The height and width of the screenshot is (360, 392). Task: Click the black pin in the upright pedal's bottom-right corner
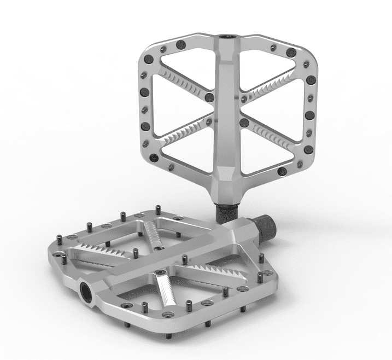coord(282,172)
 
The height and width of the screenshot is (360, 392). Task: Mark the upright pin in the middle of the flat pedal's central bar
coord(135,252)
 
